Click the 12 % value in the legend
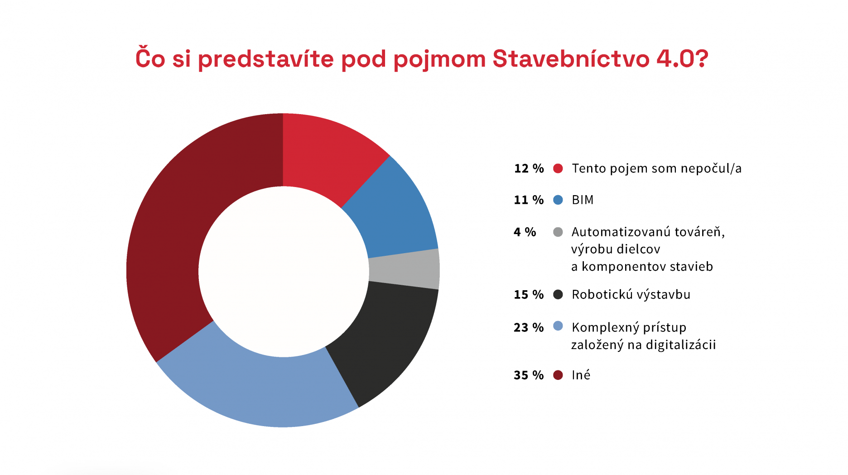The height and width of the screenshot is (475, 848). click(529, 168)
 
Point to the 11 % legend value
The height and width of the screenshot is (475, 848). click(529, 200)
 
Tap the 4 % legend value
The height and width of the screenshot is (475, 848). click(525, 232)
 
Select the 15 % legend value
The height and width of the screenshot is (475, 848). click(529, 294)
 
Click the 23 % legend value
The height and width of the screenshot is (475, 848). click(529, 327)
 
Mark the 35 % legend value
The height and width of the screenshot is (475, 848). click(529, 375)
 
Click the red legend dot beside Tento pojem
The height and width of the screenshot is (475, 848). click(558, 168)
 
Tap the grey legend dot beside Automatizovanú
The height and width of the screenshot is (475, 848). click(558, 232)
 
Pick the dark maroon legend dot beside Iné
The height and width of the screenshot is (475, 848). click(558, 375)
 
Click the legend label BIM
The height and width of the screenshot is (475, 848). click(583, 200)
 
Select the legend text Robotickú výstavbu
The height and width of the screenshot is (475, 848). click(631, 294)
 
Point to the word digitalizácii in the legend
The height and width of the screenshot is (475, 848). click(681, 345)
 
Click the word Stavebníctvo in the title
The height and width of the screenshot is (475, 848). click(571, 59)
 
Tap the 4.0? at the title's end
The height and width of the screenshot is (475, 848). click(683, 59)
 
